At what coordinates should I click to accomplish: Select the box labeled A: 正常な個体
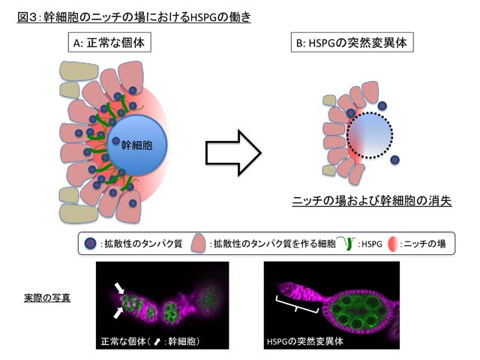click(109, 43)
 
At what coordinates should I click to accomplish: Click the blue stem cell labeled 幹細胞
click(136, 145)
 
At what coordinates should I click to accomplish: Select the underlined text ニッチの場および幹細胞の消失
click(371, 200)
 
